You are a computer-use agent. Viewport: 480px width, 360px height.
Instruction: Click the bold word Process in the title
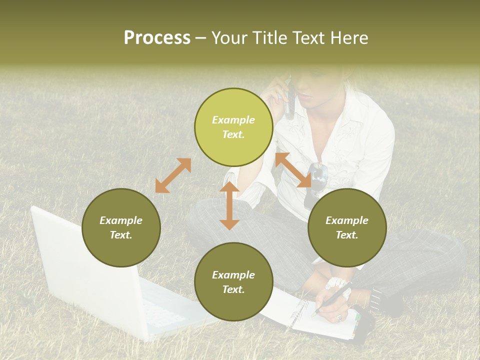157,37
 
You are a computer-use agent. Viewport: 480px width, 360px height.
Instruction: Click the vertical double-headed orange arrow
229,206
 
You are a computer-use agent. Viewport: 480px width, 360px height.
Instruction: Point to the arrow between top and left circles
173,175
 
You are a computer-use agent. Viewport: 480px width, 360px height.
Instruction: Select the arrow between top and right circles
293,170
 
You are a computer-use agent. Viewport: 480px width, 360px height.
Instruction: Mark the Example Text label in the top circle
233,127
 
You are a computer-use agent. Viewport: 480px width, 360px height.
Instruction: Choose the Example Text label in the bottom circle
233,282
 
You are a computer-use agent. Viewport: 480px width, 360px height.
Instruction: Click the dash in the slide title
201,38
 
